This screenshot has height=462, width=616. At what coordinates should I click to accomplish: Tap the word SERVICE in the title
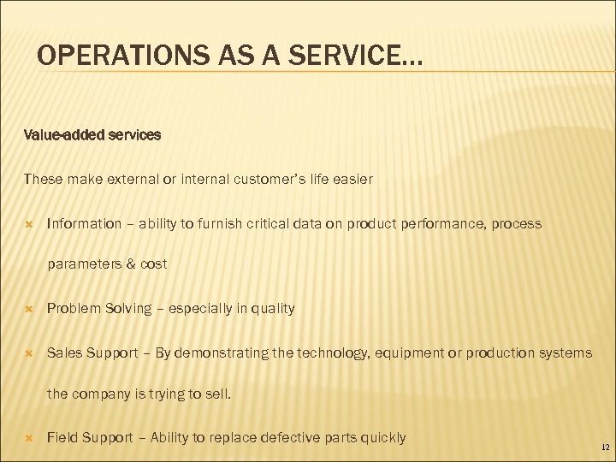(339, 56)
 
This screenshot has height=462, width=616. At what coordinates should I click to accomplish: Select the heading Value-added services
(92, 135)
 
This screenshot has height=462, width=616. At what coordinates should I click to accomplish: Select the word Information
(85, 224)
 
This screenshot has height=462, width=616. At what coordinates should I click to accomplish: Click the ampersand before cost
(132, 264)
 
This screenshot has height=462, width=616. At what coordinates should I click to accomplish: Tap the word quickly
(379, 438)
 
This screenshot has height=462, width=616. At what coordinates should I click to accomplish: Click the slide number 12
(605, 447)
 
